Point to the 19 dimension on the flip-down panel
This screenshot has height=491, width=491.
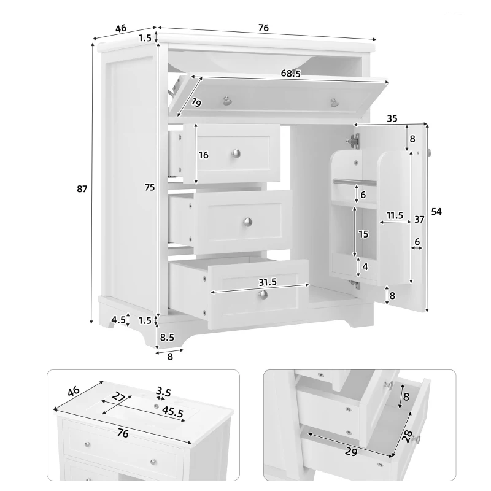[x=196, y=102]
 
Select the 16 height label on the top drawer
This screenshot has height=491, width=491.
[x=204, y=155]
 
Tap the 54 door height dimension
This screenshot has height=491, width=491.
[x=436, y=211]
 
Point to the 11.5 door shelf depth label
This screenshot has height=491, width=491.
[x=395, y=215]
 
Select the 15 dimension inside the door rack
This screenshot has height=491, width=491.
[x=363, y=234]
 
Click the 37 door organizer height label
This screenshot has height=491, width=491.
[x=419, y=219]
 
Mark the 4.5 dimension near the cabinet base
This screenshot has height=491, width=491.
[x=118, y=319]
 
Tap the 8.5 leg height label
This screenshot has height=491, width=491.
[x=166, y=337]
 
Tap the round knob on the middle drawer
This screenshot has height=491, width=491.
[x=248, y=222]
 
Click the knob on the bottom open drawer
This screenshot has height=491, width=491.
[x=264, y=296]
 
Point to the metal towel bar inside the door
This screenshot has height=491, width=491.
[x=354, y=182]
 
